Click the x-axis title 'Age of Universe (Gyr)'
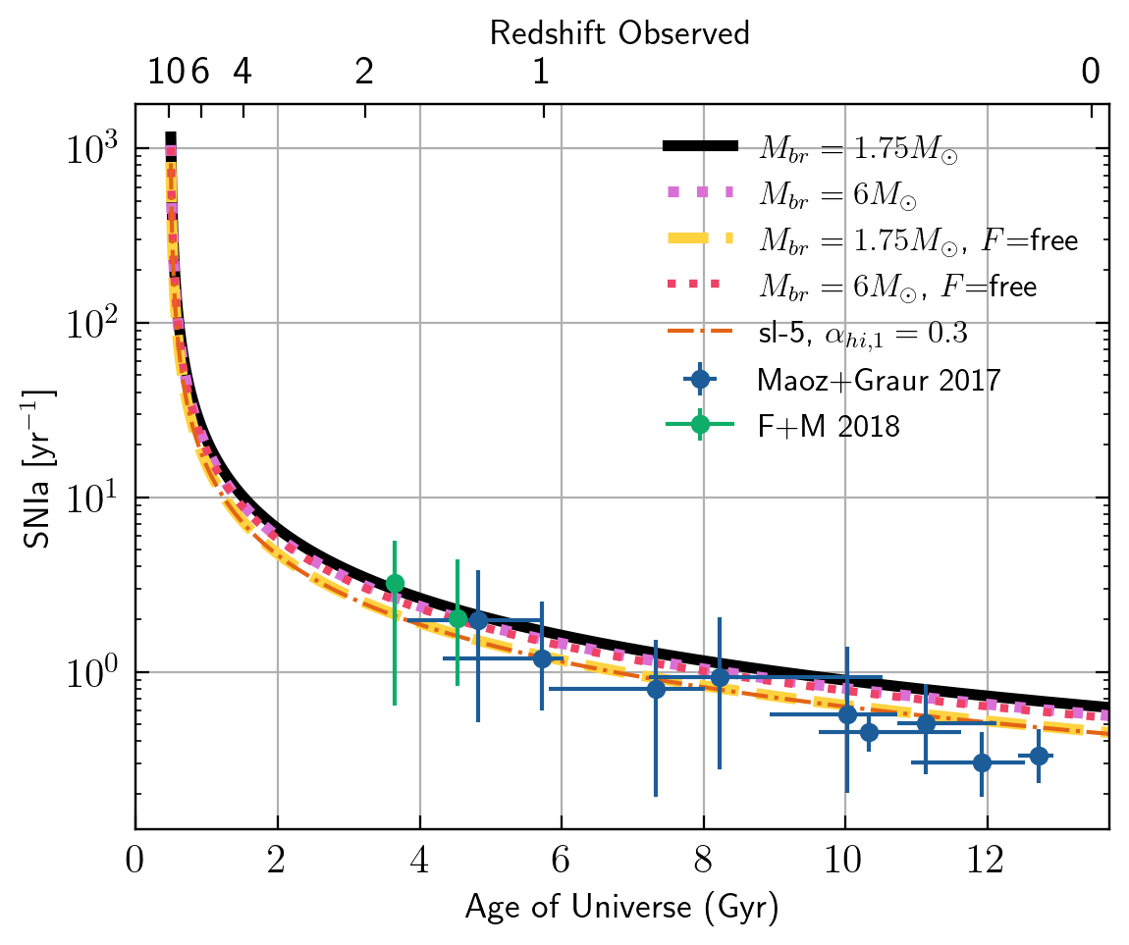click(621, 908)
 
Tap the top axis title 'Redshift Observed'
click(619, 33)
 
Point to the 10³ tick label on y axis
click(94, 150)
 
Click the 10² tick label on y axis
click(94, 324)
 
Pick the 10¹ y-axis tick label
click(94, 499)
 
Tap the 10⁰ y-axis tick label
click(94, 673)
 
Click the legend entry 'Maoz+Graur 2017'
click(879, 380)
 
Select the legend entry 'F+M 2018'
click(829, 425)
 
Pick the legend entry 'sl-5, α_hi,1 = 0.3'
click(862, 334)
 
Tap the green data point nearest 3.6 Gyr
click(395, 583)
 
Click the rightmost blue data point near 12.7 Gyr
click(1038, 756)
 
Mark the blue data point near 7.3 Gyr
click(655, 689)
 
